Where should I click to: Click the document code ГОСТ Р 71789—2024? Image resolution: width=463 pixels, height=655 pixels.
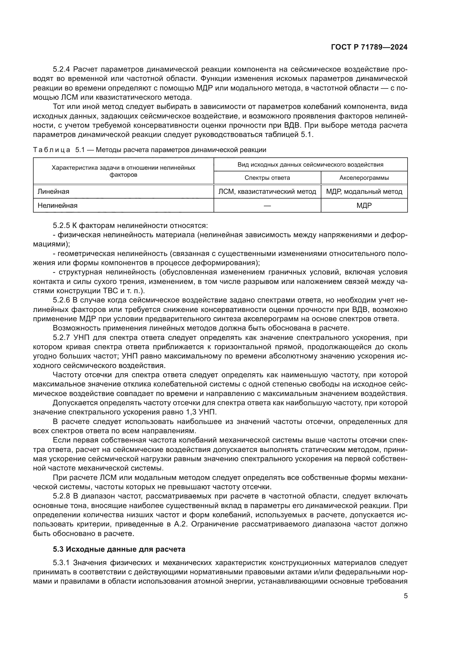click(369, 47)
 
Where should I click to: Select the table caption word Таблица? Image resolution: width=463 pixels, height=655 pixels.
click(52, 150)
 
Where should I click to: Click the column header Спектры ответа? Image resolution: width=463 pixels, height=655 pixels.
click(267, 178)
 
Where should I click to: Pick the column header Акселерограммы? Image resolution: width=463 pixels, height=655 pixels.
click(364, 178)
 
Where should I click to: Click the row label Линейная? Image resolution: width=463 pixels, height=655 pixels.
click(53, 192)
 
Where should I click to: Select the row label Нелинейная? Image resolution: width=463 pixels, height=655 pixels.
click(58, 205)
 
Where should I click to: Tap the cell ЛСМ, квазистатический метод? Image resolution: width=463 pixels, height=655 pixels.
click(267, 192)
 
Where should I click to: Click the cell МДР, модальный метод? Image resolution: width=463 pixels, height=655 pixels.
click(364, 192)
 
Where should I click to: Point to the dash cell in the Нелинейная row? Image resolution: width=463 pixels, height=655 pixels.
click(267, 205)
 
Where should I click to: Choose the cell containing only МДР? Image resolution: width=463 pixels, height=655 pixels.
click(364, 205)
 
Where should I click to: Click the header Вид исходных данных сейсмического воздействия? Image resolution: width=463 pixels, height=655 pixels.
click(310, 165)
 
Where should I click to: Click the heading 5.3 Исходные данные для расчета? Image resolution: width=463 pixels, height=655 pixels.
click(119, 549)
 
